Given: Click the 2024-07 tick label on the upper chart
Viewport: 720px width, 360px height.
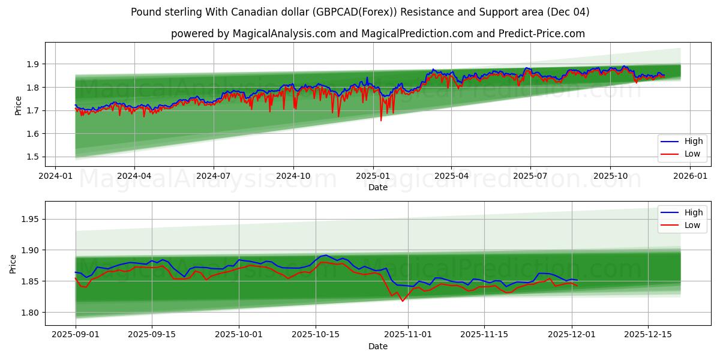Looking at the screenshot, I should click(x=214, y=176).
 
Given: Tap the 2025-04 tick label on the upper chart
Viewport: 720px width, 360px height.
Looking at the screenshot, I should click(x=451, y=176).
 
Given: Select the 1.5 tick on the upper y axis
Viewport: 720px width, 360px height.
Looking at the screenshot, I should click(x=33, y=157).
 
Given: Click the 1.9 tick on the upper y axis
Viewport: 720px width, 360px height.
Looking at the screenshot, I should click(x=33, y=64).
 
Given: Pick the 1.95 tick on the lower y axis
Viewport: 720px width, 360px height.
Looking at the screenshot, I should click(x=31, y=219).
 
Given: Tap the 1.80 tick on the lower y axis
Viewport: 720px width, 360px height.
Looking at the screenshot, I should click(x=31, y=313).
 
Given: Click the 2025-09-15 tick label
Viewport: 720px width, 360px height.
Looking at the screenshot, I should click(x=152, y=335).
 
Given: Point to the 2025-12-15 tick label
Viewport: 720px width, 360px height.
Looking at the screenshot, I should click(x=648, y=335).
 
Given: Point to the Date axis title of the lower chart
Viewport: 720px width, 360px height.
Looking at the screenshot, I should click(x=378, y=346).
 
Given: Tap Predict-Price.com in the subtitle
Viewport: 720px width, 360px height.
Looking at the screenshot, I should click(x=542, y=34).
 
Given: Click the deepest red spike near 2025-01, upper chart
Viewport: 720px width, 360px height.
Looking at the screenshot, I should click(x=381, y=120).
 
